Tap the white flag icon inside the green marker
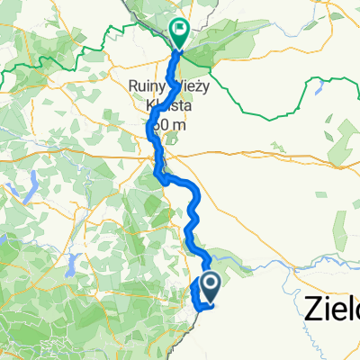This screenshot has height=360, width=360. pos(180,31)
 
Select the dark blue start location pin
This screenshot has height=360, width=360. pos(209,288)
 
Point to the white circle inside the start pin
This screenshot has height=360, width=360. pos(209,283)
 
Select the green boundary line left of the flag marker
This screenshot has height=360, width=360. pos(135,36)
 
